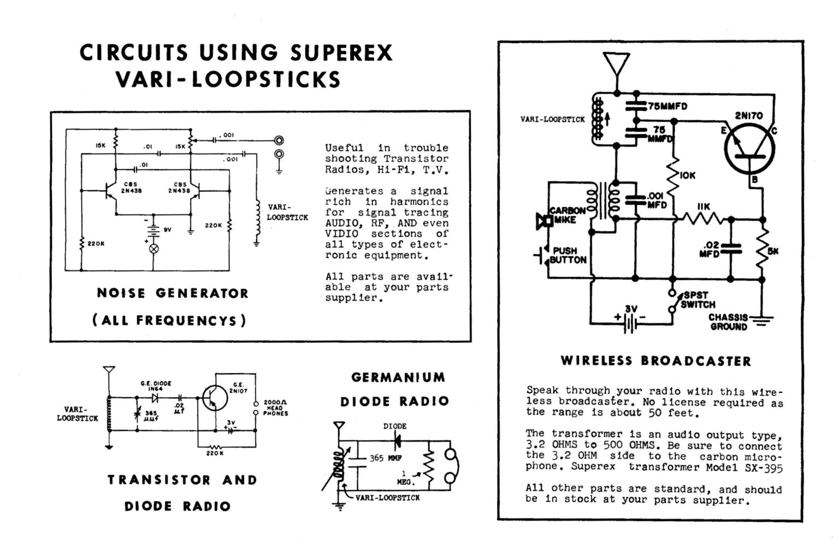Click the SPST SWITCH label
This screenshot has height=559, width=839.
pos(698,300)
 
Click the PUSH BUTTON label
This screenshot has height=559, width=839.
pos(568,255)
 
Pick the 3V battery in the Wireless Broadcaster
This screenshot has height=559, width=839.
pos(631,321)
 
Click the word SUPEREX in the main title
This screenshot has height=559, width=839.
pos(341,53)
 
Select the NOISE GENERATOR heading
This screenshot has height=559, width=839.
pos(173,293)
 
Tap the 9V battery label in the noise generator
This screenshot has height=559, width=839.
pos(168,230)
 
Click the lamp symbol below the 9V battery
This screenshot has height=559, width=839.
pos(154,249)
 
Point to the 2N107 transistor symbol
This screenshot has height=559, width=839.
pos(214,398)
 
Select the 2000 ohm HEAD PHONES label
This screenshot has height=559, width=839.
pos(275,408)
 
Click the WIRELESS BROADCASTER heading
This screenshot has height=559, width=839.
pos(655,361)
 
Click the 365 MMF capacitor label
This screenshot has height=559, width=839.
pos(386,458)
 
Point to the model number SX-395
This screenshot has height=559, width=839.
pos(763,468)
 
